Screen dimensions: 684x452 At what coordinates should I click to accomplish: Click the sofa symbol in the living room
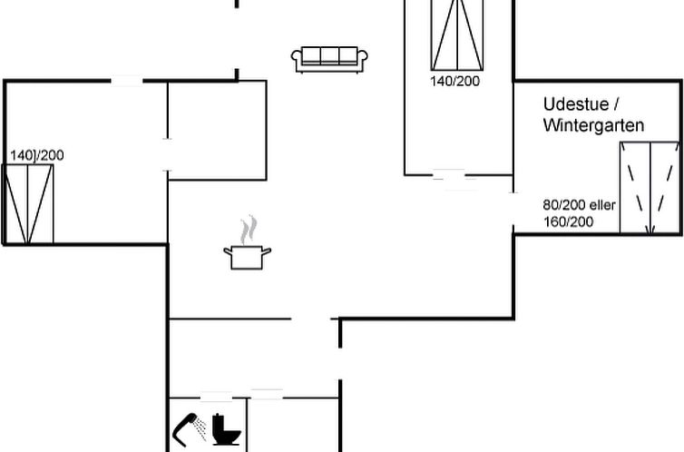pyautogui.click(x=329, y=59)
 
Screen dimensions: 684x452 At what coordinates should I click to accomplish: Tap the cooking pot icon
pyautogui.click(x=247, y=258)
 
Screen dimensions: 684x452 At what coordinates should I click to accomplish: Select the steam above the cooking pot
pyautogui.click(x=249, y=230)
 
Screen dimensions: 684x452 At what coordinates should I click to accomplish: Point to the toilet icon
pyautogui.click(x=226, y=429)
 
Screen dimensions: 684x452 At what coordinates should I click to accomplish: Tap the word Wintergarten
pyautogui.click(x=593, y=125)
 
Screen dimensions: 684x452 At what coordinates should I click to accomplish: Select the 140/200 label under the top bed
pyautogui.click(x=455, y=81)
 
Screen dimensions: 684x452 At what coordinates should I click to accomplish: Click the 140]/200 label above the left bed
pyautogui.click(x=37, y=155)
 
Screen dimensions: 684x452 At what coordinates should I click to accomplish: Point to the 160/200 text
pyautogui.click(x=568, y=221)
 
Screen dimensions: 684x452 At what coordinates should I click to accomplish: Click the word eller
pyautogui.click(x=602, y=204)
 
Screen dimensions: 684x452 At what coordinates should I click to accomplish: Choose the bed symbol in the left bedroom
pyautogui.click(x=27, y=203)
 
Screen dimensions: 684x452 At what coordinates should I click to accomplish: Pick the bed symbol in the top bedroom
pyautogui.click(x=457, y=34)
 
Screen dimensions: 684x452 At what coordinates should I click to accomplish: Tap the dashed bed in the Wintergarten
pyautogui.click(x=650, y=188)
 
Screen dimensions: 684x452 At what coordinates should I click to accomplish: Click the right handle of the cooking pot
pyautogui.click(x=266, y=251)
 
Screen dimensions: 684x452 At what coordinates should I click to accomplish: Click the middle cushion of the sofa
pyautogui.click(x=329, y=55)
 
